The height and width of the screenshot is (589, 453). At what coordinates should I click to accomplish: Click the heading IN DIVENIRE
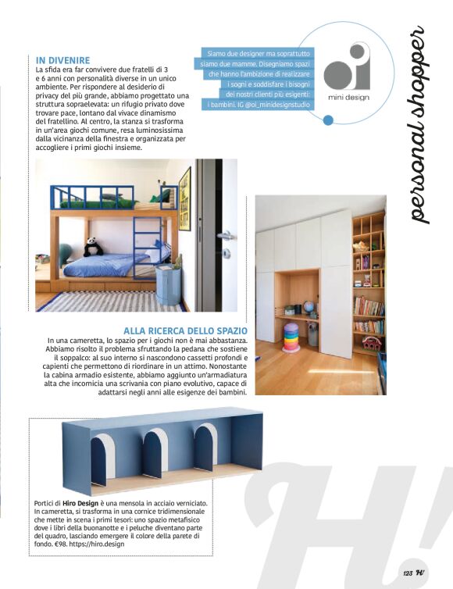[63, 59]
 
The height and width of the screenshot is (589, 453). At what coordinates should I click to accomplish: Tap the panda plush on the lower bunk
[94, 247]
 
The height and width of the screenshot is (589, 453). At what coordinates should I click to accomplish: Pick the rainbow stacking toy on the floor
[291, 337]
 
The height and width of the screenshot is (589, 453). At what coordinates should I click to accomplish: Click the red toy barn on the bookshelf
[370, 344]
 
